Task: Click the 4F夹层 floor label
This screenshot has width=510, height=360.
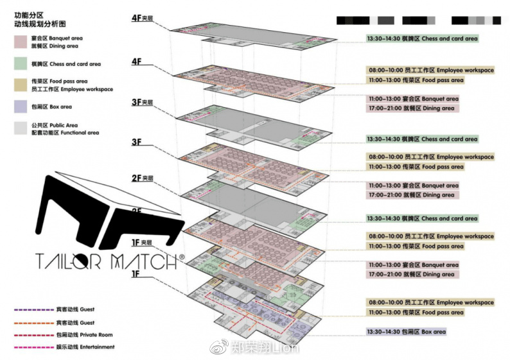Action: [x=142, y=19]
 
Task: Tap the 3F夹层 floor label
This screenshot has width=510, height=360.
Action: [x=142, y=102]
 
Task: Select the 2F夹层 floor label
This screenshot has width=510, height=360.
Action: [x=142, y=178]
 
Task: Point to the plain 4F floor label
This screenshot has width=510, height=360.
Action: [x=136, y=62]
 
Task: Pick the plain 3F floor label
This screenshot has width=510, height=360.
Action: [x=136, y=142]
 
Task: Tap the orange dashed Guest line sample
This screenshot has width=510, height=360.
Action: [x=34, y=323]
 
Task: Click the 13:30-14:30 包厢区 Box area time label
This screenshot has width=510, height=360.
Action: [x=405, y=332]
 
